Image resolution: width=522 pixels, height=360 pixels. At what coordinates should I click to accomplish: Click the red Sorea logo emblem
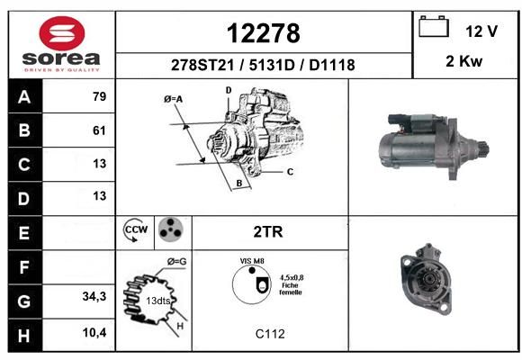click(x=62, y=33)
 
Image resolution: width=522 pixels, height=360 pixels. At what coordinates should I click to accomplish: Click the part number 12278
click(x=264, y=33)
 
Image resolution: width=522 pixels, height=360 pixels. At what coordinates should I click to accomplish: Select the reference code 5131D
click(x=272, y=65)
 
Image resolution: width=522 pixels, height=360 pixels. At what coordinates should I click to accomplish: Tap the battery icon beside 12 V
click(x=434, y=26)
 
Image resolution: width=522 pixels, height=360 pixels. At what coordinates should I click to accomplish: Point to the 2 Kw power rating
click(x=463, y=61)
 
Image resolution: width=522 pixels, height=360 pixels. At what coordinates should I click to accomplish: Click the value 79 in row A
click(x=100, y=96)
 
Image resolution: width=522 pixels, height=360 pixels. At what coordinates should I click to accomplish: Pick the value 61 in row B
click(x=99, y=130)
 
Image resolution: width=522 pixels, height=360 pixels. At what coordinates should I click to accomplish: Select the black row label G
click(x=24, y=301)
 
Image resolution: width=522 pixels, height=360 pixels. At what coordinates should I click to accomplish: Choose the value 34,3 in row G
click(x=94, y=296)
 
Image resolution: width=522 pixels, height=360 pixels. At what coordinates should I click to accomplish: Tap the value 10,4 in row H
click(x=94, y=332)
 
